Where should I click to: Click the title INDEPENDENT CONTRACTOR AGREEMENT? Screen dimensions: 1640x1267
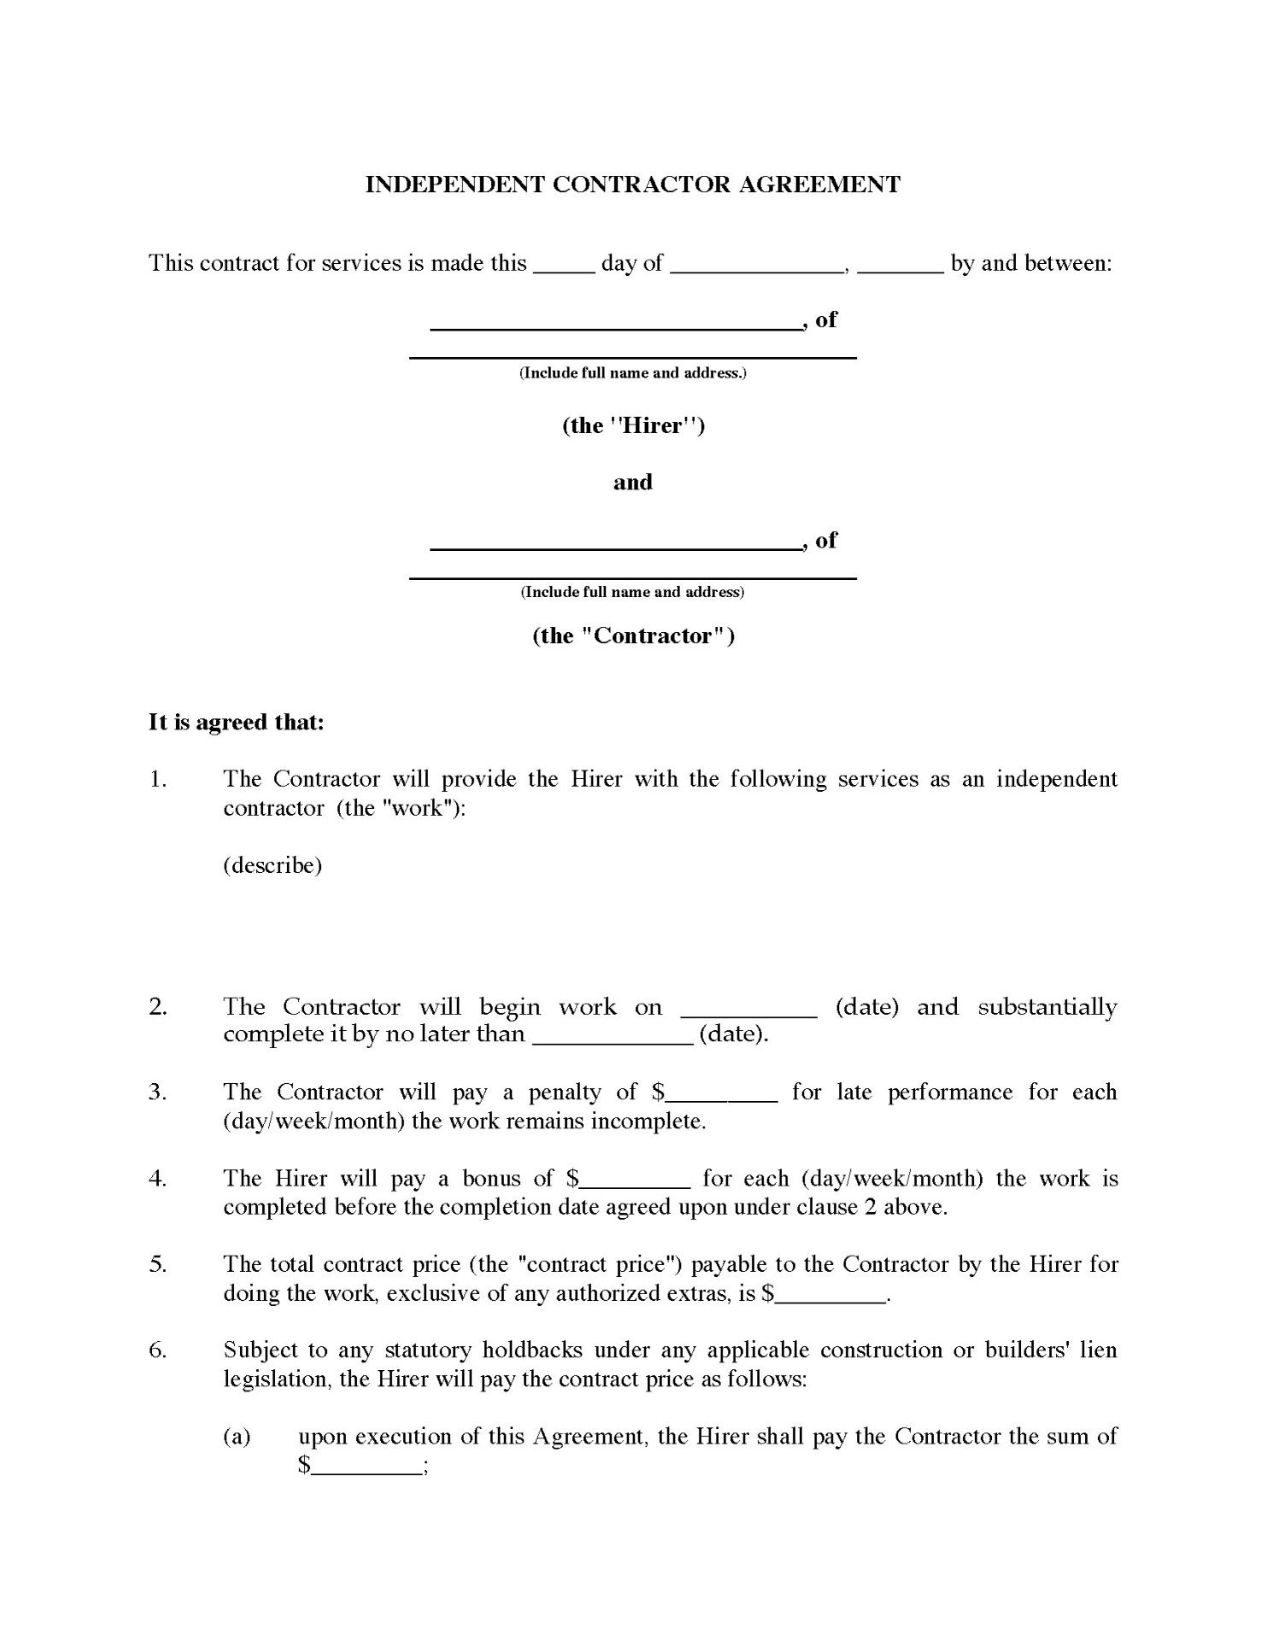coord(632,184)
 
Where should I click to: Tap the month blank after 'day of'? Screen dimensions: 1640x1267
coord(757,266)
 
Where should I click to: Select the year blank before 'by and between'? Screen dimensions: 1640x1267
coord(900,266)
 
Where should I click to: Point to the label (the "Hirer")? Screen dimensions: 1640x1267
coord(633,425)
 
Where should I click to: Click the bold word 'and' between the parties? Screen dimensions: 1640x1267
coord(633,483)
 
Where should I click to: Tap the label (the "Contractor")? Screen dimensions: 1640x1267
coord(633,635)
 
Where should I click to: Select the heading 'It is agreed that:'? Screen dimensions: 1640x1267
coord(237,723)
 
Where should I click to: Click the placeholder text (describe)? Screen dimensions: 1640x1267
coord(273,865)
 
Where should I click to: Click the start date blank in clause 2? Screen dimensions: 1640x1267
coord(748,1011)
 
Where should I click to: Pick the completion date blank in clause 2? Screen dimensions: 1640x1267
coord(613,1039)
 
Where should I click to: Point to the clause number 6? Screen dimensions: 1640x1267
coord(157,1350)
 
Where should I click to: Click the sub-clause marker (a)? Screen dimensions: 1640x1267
coord(237,1437)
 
